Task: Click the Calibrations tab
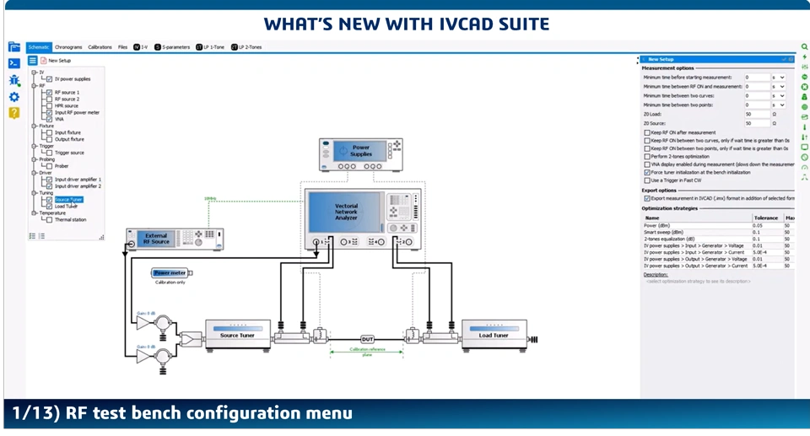(100, 47)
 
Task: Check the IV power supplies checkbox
(50, 79)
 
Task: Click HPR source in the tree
(66, 105)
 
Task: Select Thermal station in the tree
(70, 220)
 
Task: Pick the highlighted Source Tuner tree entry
(68, 200)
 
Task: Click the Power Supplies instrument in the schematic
(360, 151)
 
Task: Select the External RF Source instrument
(157, 239)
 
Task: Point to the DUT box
(367, 339)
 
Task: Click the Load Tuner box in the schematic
(494, 335)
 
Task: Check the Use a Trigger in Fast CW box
(647, 180)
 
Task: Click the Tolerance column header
(765, 218)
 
